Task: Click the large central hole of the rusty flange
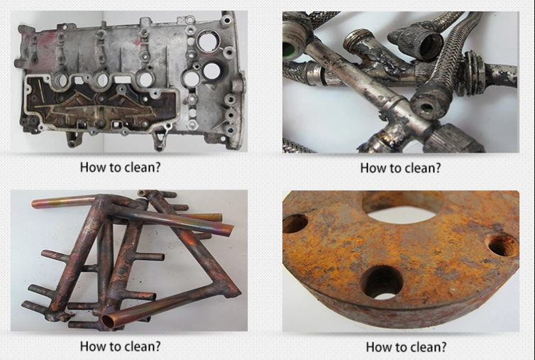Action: [x=402, y=207]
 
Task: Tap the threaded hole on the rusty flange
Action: [x=502, y=244]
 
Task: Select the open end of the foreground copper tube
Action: [x=109, y=322]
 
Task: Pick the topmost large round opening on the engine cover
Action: [x=208, y=41]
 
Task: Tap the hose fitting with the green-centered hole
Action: [x=426, y=106]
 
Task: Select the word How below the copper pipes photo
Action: [x=93, y=347]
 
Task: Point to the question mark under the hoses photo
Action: [x=437, y=168]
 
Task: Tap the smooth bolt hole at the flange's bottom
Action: [x=382, y=283]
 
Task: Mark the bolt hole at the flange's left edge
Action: [x=294, y=224]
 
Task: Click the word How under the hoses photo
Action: [x=373, y=168]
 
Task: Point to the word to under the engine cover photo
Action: [x=115, y=168]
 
